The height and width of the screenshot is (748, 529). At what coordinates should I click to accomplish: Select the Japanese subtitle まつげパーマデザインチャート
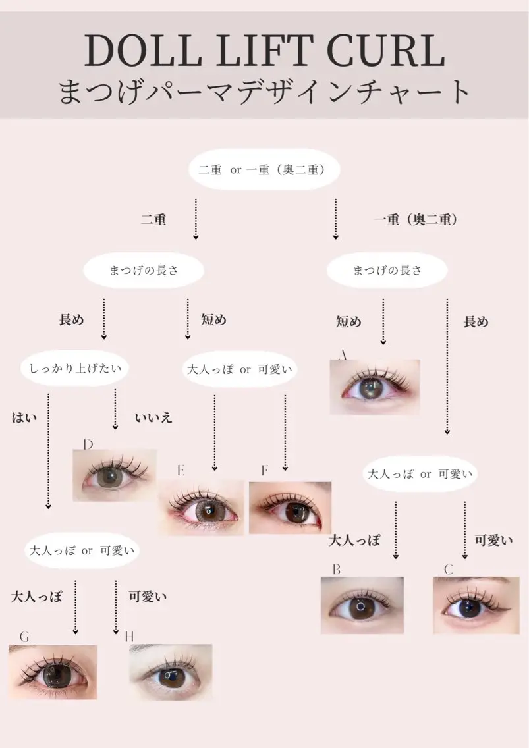coord(264,92)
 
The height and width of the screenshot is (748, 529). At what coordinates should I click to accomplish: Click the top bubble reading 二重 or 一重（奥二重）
coord(264,169)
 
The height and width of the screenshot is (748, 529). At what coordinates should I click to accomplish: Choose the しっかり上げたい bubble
coord(75,368)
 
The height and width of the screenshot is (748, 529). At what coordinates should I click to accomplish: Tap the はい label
coord(24,418)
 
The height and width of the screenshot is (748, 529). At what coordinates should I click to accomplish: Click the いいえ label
coord(153,418)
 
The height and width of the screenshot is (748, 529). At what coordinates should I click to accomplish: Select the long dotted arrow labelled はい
coord(48,451)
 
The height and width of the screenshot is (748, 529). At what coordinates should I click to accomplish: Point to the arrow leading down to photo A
coord(383,322)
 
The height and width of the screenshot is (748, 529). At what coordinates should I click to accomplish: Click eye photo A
coord(375,387)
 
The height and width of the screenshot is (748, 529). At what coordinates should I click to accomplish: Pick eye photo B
coord(362,605)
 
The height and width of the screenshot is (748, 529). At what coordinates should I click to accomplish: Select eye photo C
coord(476,605)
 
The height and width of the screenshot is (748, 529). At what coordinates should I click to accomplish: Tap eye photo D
coord(115,475)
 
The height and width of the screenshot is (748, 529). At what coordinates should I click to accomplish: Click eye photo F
coord(290,508)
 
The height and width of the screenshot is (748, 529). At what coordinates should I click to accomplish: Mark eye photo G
coord(53,672)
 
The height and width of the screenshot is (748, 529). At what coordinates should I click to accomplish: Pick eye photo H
coord(171,672)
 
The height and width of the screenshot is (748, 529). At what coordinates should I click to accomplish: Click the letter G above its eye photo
coord(24,636)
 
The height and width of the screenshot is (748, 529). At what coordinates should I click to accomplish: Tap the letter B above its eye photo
coord(337,569)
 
